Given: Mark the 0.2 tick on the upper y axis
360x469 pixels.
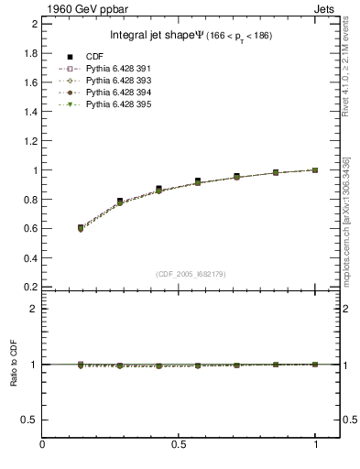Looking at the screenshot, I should [x=31, y=287].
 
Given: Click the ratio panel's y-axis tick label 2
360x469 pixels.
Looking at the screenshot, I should [x=35, y=309].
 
